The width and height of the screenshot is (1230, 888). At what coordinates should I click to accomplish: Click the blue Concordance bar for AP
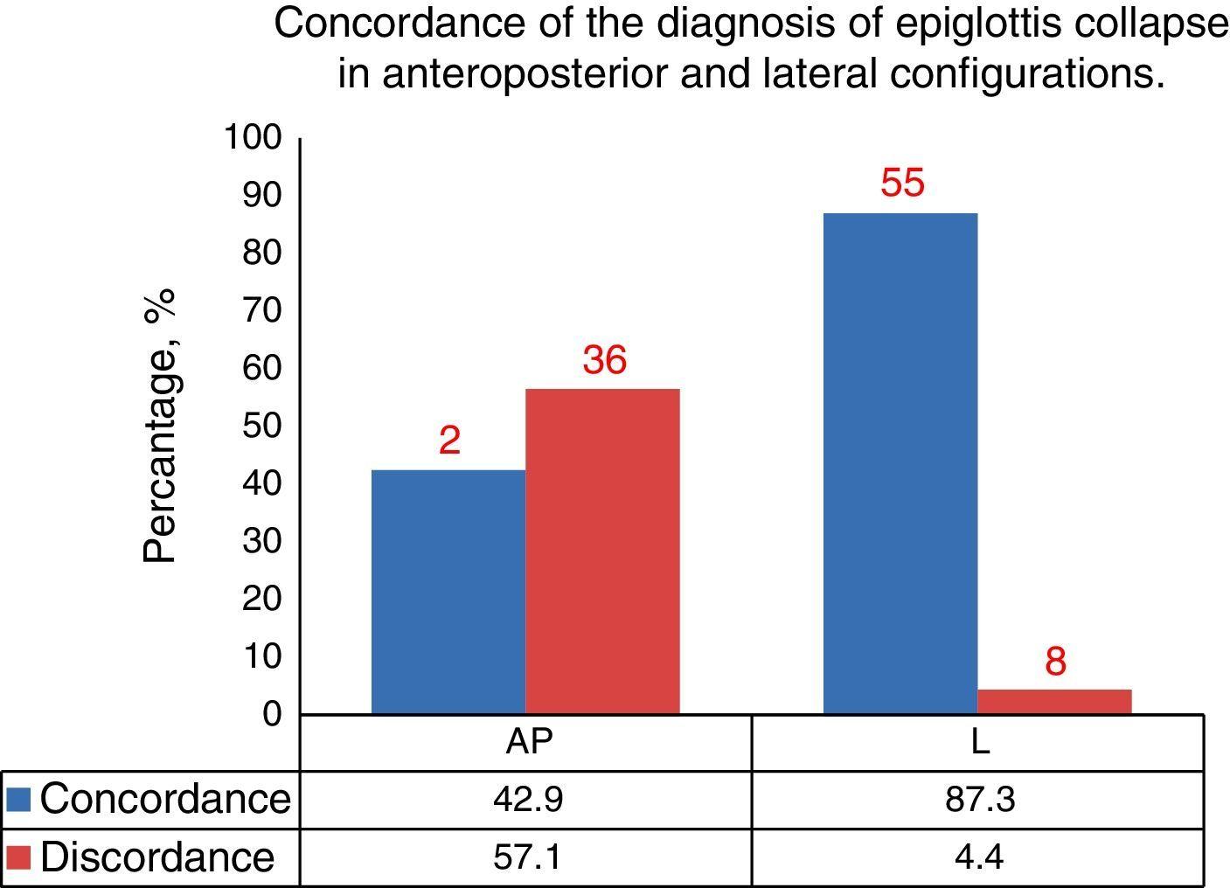point(448,592)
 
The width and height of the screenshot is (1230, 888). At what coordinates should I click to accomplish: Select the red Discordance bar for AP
point(602,552)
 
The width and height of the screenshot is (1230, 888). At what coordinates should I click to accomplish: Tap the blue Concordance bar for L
point(900,463)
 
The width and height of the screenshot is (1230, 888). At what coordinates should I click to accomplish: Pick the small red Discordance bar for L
point(1054,702)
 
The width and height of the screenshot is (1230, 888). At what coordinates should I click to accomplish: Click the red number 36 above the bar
point(605,360)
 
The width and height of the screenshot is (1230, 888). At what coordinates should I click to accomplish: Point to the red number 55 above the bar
point(902,184)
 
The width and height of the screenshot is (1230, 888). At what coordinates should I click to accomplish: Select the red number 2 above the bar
point(449,441)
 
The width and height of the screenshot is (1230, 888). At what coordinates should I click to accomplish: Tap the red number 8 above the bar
point(1055,663)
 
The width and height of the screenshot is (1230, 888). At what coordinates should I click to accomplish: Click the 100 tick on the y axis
point(254,138)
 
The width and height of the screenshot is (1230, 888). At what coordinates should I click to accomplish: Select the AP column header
point(529,742)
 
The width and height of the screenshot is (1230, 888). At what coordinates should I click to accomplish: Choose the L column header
point(980,742)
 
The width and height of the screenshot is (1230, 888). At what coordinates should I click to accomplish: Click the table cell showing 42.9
point(527,799)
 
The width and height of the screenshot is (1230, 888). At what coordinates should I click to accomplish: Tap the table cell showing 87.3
point(979,799)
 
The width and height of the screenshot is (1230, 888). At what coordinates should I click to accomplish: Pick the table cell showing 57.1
point(527,857)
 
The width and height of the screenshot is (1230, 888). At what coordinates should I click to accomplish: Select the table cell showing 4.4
point(979,857)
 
